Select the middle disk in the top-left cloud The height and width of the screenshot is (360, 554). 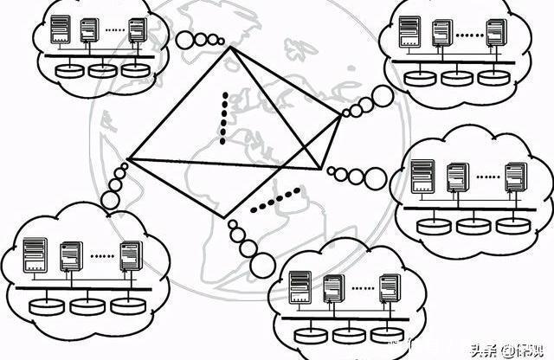pyautogui.click(x=102, y=68)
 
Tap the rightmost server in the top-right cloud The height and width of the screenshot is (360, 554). pyautogui.click(x=495, y=32)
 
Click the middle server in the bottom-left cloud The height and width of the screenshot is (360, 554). pyautogui.click(x=71, y=258)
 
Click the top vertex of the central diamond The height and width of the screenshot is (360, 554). pyautogui.click(x=231, y=48)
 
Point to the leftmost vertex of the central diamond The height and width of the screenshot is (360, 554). pyautogui.click(x=127, y=160)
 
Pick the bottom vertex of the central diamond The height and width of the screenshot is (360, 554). pyautogui.click(x=225, y=217)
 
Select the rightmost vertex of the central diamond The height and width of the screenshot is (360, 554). pyautogui.click(x=340, y=118)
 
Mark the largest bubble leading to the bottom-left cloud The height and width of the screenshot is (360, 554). pyautogui.click(x=110, y=201)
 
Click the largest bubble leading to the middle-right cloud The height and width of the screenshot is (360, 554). pyautogui.click(x=376, y=178)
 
